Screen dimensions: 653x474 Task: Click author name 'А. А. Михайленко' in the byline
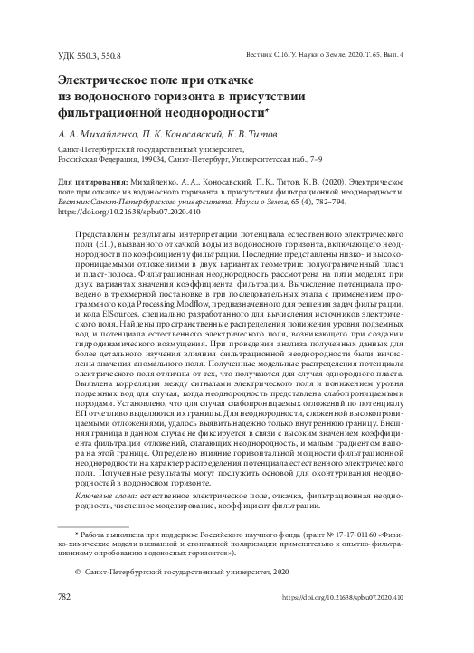tap(95, 132)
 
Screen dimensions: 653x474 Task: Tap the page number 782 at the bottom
tap(64, 598)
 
